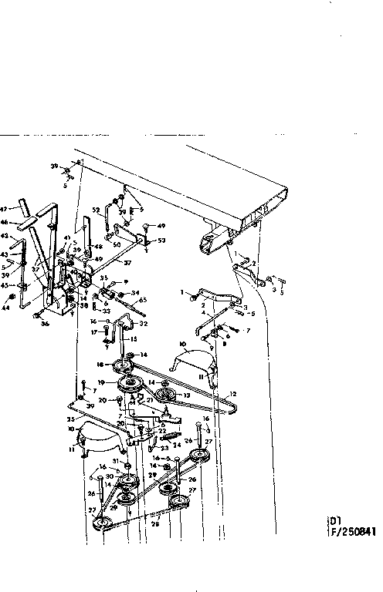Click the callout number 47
point(5,209)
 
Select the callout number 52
point(96,209)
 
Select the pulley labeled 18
point(120,364)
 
